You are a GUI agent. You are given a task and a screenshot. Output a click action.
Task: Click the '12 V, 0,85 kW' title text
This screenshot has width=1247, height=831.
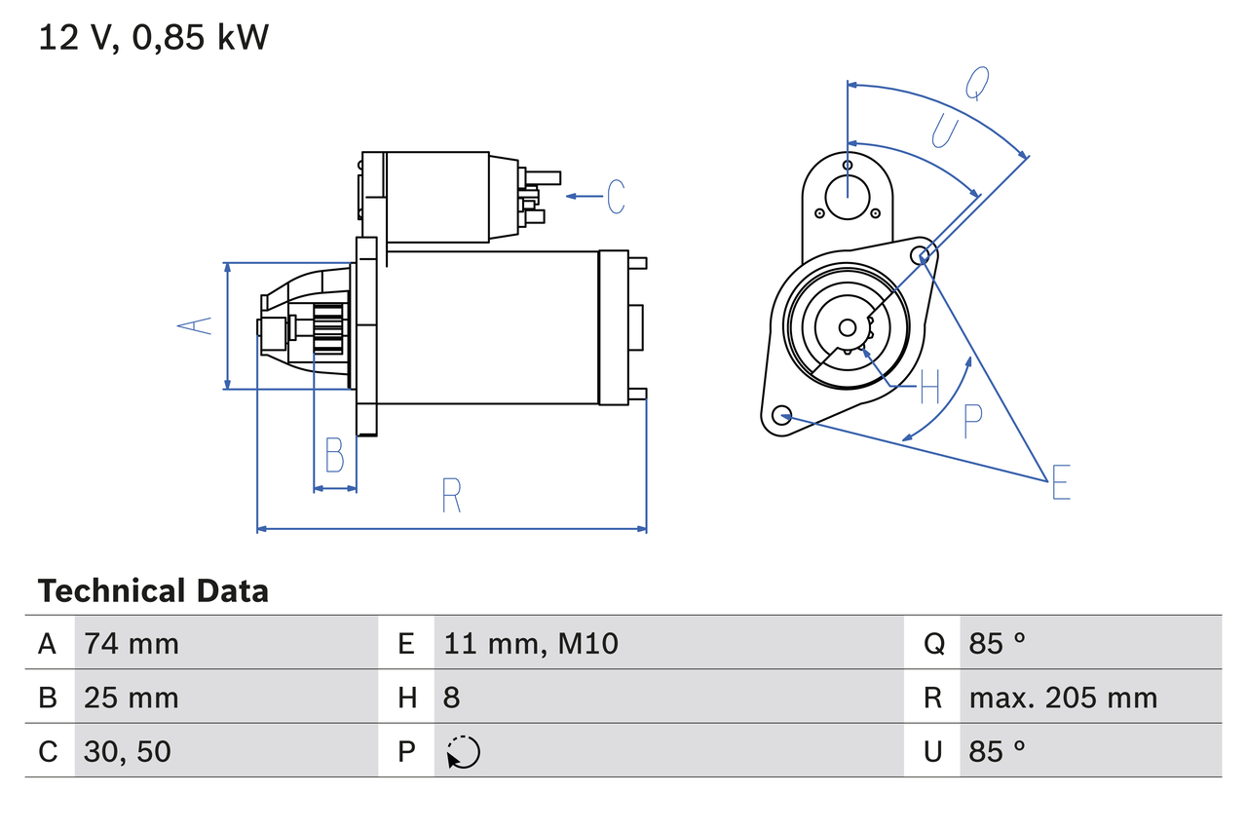click(x=153, y=38)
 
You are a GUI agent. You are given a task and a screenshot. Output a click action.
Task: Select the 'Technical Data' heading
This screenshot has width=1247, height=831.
click(x=153, y=591)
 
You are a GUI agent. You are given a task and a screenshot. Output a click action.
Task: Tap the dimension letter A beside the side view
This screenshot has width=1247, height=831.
click(x=197, y=325)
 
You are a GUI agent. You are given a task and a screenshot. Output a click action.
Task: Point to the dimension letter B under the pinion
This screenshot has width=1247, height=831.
click(x=334, y=455)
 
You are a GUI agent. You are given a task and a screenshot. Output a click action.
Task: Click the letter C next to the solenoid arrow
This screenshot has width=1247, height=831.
click(x=616, y=197)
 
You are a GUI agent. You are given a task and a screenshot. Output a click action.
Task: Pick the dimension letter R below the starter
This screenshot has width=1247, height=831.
click(x=450, y=496)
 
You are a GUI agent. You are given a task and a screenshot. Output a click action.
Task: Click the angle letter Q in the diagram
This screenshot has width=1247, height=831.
click(x=977, y=85)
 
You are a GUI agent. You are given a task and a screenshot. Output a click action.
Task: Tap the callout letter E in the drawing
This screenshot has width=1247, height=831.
click(x=1060, y=482)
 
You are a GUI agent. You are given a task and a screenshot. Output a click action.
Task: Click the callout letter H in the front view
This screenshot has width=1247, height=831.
click(x=929, y=388)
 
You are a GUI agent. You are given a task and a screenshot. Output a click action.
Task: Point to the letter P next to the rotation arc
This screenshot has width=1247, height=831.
click(x=972, y=422)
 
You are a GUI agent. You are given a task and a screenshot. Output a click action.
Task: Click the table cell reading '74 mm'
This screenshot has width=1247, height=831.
click(x=132, y=644)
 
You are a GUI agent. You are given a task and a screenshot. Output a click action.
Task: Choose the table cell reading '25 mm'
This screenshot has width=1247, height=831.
click(x=132, y=698)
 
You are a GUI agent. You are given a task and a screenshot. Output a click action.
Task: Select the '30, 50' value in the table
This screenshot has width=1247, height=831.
click(x=128, y=751)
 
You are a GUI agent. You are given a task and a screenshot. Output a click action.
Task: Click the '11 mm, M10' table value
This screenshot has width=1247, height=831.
click(x=531, y=644)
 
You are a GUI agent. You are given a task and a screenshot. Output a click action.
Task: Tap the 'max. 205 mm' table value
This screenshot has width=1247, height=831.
click(x=1063, y=698)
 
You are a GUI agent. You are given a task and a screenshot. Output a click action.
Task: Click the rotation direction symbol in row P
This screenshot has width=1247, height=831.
click(x=464, y=752)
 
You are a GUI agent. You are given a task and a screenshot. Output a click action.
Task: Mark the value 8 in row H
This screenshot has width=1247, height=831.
click(x=452, y=698)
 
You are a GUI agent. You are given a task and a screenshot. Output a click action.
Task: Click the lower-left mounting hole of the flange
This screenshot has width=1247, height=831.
click(x=780, y=416)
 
